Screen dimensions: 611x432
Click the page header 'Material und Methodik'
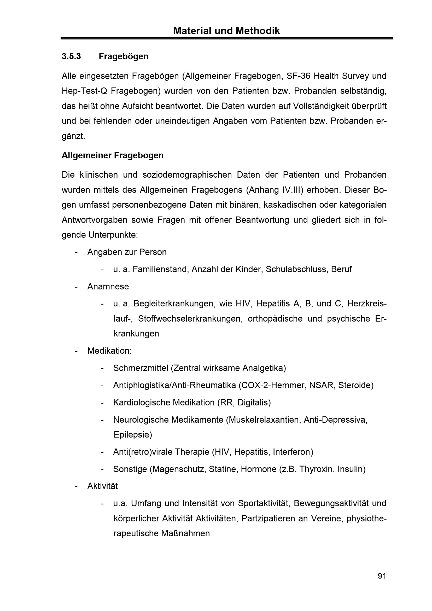click(226, 31)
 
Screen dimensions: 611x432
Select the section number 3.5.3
click(71, 56)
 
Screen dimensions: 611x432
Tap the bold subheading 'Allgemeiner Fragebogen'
click(113, 155)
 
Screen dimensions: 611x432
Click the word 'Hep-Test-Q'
click(84, 91)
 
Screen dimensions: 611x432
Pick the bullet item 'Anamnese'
click(108, 286)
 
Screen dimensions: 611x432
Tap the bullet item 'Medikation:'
click(110, 351)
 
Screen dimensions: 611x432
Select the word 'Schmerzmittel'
click(141, 368)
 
